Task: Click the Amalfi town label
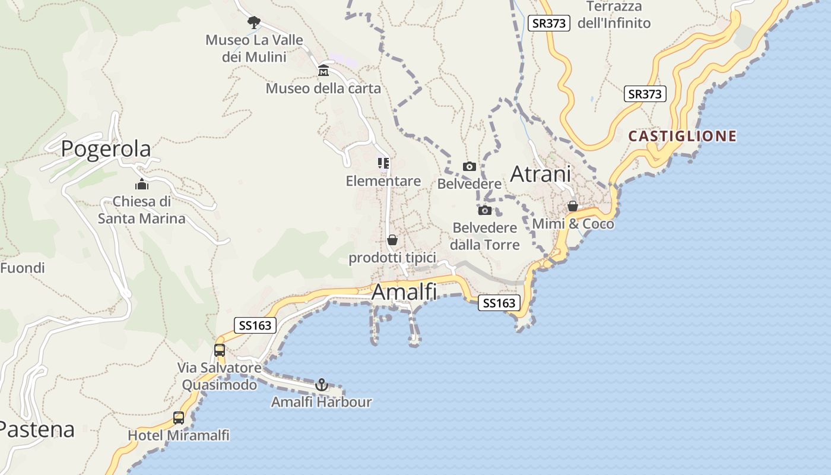(404, 292)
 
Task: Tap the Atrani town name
(540, 174)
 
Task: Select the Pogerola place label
(106, 148)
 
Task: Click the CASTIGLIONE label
(682, 136)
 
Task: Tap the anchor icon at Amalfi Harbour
(321, 385)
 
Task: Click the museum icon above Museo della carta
(323, 71)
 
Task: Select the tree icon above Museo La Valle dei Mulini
(254, 23)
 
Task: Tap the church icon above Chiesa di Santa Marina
(141, 185)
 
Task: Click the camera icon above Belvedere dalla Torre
(485, 210)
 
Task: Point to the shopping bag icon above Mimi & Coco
(573, 207)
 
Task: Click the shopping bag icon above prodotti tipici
(392, 240)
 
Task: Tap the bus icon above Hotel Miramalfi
(179, 418)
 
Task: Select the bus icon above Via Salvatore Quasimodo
(220, 350)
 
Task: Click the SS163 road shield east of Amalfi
(499, 303)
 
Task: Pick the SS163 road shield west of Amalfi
(255, 325)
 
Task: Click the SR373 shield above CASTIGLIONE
(645, 94)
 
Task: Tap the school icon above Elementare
(383, 163)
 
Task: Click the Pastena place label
(37, 429)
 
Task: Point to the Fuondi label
(23, 268)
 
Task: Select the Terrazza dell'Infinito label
(614, 15)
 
